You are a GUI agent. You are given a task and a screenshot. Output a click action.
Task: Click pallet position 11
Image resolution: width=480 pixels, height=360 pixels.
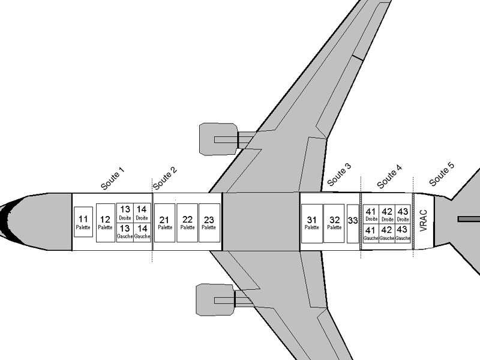point(83,221)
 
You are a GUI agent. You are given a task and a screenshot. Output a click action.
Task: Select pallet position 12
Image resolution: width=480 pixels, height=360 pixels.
point(105,223)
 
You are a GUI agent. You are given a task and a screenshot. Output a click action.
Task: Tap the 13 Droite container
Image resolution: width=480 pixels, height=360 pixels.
point(125,212)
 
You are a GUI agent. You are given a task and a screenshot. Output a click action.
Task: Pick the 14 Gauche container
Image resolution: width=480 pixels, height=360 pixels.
point(142,232)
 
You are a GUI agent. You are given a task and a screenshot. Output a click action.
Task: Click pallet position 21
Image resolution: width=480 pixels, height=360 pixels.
point(164,223)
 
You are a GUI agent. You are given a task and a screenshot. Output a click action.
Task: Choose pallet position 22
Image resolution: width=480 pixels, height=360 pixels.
point(187,223)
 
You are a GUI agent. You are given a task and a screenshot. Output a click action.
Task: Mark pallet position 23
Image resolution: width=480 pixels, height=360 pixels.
point(209,223)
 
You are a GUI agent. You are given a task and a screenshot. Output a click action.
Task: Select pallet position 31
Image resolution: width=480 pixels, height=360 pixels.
point(311,223)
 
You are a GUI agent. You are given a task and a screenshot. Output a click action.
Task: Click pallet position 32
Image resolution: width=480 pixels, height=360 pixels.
point(334,223)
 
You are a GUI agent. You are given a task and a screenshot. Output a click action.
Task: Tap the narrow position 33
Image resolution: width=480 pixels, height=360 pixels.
point(353,223)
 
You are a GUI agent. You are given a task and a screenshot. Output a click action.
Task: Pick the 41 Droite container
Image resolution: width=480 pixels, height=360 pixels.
point(371,214)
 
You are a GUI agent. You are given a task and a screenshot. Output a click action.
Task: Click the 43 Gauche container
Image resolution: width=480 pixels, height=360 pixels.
point(403,233)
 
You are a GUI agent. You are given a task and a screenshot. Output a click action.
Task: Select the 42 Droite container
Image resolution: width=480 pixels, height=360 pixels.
point(387,214)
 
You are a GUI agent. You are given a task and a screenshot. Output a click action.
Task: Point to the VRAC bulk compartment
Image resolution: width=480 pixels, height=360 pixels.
point(423,221)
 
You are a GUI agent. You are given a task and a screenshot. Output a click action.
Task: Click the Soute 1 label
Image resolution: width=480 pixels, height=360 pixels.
point(112,179)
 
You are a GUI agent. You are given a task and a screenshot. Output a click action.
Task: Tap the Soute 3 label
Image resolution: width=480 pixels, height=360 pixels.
point(339,174)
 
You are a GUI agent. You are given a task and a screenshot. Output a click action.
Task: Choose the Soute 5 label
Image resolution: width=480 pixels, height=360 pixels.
point(442,174)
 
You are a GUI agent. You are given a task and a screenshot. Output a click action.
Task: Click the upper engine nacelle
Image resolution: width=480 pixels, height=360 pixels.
point(218,139)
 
